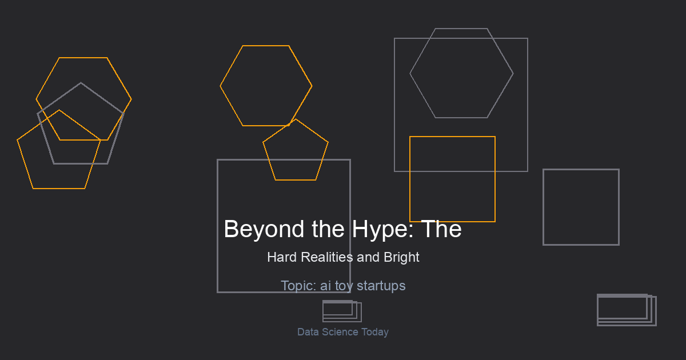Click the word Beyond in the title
[x=264, y=229]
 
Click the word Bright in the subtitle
[x=401, y=258]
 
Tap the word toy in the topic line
[x=344, y=286]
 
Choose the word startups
[x=381, y=286]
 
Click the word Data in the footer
[x=308, y=332]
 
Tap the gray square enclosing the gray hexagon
[x=394, y=105]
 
